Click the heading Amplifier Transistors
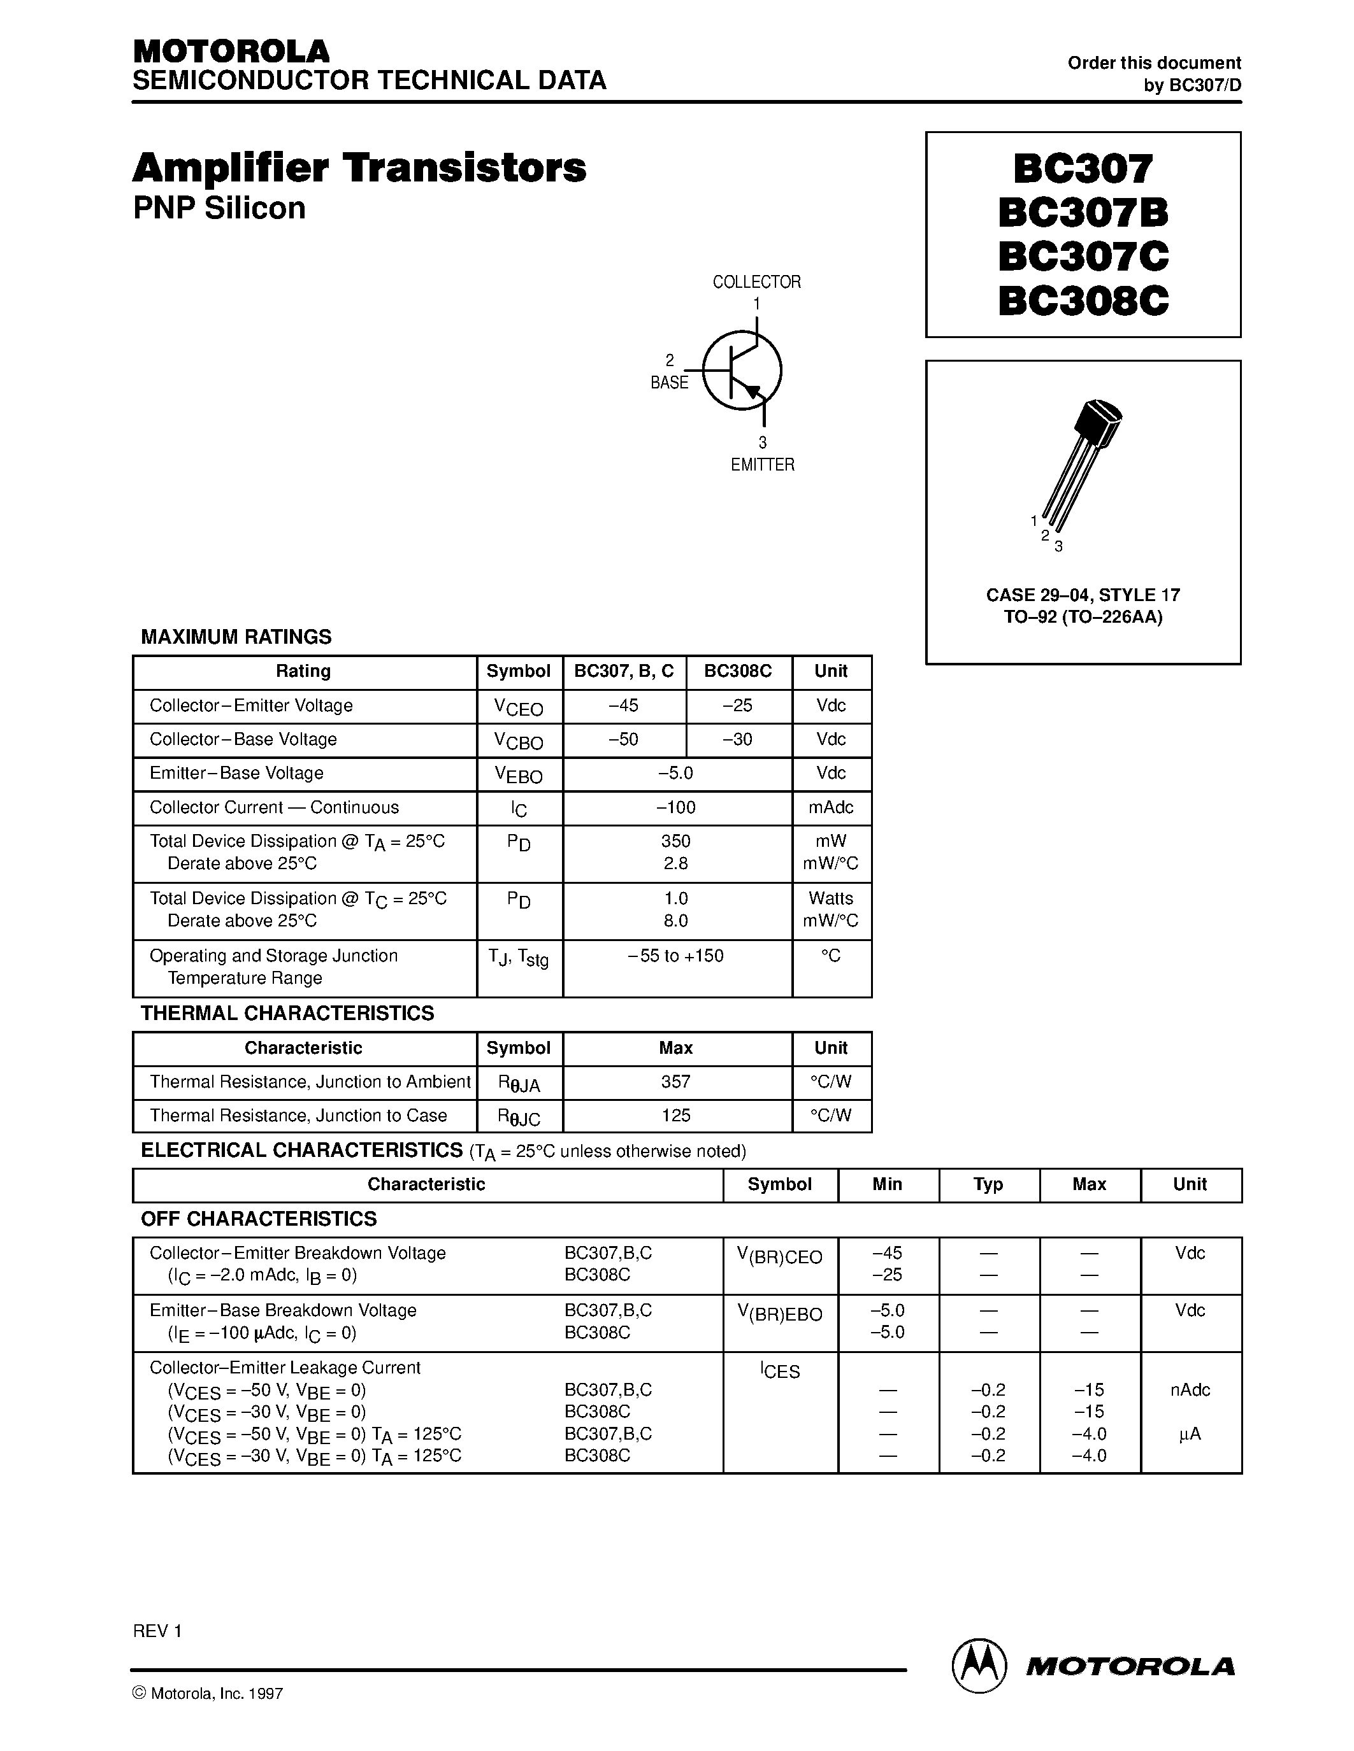click(x=359, y=168)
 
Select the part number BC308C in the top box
click(x=1083, y=301)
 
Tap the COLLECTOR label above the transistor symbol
click(x=756, y=282)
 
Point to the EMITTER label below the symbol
click(x=762, y=465)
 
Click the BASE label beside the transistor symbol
click(x=669, y=383)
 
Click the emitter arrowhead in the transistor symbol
click(x=751, y=390)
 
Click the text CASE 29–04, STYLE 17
click(x=1083, y=595)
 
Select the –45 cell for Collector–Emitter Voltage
click(x=623, y=705)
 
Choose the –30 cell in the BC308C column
click(x=737, y=739)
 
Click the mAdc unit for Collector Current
click(x=831, y=807)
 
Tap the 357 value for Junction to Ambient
click(x=675, y=1082)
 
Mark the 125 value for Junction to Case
click(x=675, y=1115)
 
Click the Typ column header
click(x=988, y=1184)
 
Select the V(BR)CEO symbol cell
click(x=780, y=1256)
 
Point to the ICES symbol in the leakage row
click(x=780, y=1370)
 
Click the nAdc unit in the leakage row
click(x=1190, y=1389)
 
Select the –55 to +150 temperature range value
click(x=675, y=956)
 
